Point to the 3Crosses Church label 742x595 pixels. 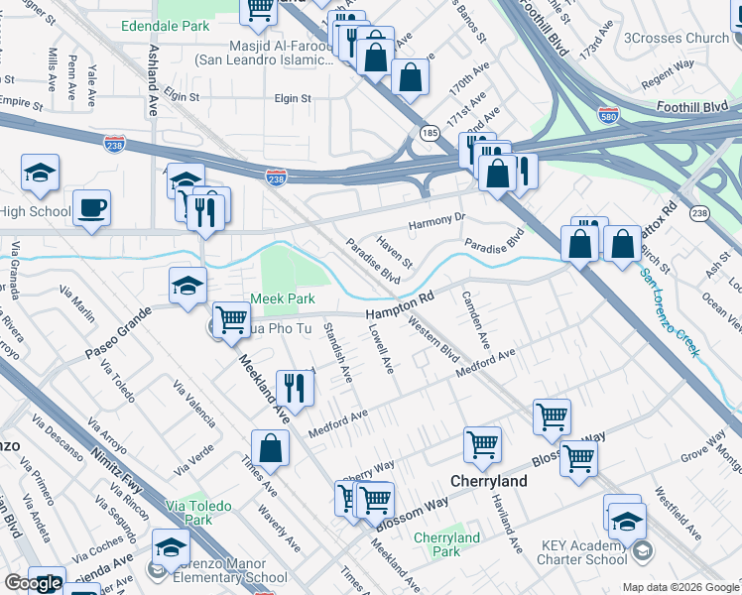coord(676,39)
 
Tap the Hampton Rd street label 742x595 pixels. coord(401,302)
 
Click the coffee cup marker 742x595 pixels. coord(91,208)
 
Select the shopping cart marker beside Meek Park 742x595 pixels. coord(231,320)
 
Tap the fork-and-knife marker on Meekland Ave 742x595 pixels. coord(295,386)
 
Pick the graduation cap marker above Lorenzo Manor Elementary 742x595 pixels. coord(171,546)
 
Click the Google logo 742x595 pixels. coord(33,584)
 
